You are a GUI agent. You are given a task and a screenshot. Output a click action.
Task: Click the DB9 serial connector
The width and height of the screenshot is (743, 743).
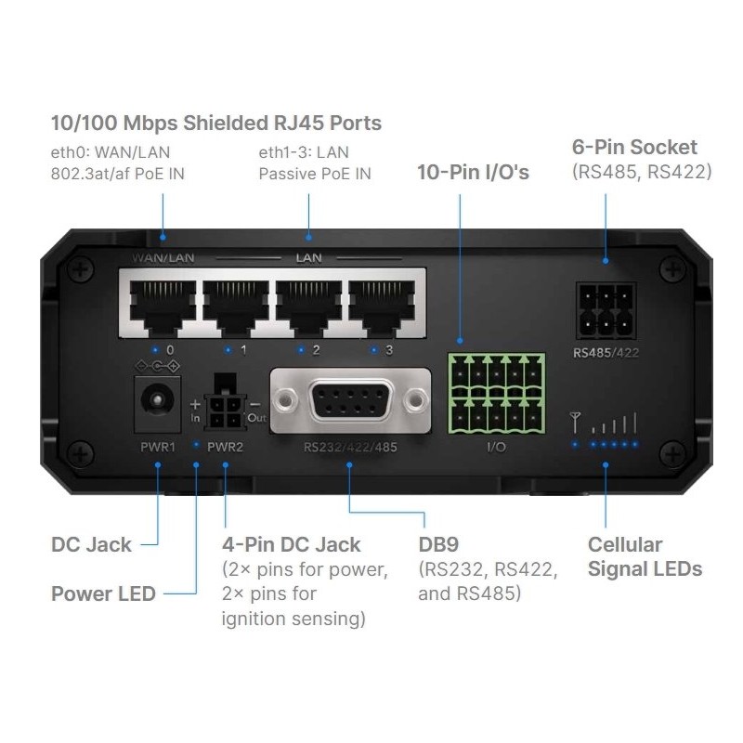(x=350, y=401)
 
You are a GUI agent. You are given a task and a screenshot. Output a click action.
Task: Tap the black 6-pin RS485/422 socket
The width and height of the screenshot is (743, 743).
(x=606, y=313)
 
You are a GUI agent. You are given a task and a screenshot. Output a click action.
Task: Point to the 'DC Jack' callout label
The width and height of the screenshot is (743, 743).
(x=91, y=544)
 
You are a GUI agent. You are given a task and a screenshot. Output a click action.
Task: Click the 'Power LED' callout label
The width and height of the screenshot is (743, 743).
(x=103, y=593)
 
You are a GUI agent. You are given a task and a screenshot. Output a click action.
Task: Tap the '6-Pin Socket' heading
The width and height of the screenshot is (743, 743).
(x=634, y=147)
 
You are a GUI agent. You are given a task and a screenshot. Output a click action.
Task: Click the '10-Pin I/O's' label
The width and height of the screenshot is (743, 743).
(x=474, y=172)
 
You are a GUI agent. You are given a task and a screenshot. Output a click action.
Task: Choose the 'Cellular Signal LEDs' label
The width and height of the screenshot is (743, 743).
(x=645, y=556)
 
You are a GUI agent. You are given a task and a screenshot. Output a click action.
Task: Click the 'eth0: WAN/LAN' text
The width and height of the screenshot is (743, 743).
(x=111, y=151)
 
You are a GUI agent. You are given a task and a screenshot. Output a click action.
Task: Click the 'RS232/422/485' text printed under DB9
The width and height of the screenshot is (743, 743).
(x=350, y=448)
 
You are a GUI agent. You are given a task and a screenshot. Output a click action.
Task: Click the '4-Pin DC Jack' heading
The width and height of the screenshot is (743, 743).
(x=291, y=544)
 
